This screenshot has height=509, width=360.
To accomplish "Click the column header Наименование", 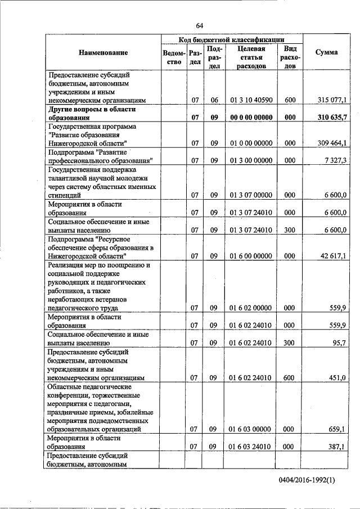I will (103, 52).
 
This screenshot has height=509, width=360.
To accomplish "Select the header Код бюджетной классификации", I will (231, 40).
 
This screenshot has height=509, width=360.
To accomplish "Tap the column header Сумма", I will (326, 52).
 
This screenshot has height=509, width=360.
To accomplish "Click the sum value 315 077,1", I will (332, 100).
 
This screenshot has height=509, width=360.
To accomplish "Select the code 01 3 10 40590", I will (251, 100).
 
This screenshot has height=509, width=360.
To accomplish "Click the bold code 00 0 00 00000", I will (251, 117).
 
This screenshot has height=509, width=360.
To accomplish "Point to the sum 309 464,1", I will (332, 143).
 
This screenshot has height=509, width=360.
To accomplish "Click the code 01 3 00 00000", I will (251, 160).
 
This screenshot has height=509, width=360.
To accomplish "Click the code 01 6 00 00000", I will (251, 255).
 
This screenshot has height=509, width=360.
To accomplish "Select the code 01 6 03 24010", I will (251, 447).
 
